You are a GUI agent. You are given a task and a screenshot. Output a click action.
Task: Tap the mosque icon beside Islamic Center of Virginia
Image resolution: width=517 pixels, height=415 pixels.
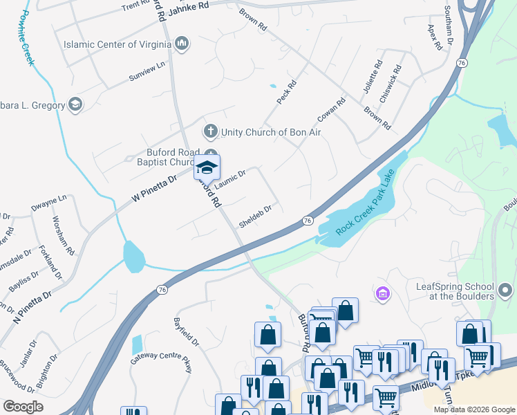(182, 44)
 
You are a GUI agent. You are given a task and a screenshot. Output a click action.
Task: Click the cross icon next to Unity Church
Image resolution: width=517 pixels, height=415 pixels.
(209, 131)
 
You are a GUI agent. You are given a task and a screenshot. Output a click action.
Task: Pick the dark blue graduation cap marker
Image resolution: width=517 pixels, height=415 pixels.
(207, 167)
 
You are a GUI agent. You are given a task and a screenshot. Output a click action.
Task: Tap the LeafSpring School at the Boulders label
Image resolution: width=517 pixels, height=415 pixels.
(455, 291)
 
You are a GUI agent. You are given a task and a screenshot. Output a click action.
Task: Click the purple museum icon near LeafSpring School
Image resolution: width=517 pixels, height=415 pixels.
(382, 295)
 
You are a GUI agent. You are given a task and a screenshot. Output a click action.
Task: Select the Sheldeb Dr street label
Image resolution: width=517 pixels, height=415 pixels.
(255, 215)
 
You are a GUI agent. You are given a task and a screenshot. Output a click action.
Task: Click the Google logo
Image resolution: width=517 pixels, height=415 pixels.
(23, 407)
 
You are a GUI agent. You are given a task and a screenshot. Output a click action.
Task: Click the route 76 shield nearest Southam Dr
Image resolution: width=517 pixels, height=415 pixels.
(462, 63)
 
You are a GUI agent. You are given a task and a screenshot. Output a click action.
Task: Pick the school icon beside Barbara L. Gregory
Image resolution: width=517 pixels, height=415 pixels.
(75, 105)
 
